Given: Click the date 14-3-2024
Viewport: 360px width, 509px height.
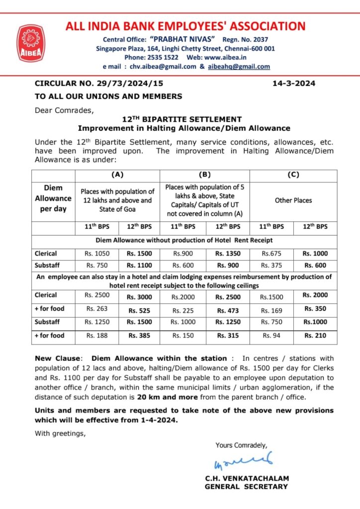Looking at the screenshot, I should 294,84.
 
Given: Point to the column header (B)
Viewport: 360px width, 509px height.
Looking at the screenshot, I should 204,174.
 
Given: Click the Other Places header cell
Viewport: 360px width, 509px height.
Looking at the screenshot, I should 293,200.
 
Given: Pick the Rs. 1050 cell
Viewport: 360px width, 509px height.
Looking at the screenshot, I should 97,253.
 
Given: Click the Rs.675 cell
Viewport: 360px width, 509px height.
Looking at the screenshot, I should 271,253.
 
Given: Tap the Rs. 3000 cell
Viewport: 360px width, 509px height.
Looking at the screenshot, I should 139,297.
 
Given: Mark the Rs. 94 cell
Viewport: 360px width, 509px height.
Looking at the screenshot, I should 271,336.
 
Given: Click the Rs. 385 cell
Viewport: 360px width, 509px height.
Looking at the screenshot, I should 139,336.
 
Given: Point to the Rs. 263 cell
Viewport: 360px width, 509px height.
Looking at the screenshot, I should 97,309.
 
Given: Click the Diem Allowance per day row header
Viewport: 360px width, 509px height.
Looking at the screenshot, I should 53,198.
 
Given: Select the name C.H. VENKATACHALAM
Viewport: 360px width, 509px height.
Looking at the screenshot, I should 247,478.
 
